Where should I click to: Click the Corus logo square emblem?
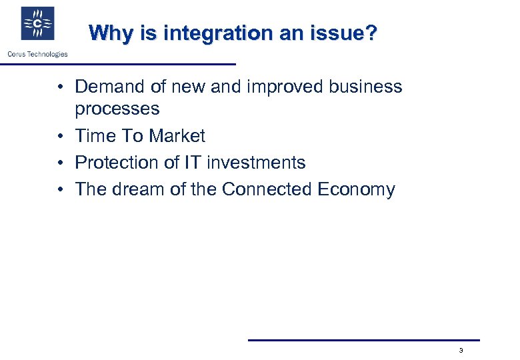[37, 24]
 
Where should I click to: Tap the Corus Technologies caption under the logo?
[37, 54]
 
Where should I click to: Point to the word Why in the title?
[107, 33]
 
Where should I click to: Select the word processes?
[117, 109]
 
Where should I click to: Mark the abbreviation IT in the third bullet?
[201, 163]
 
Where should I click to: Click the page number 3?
[461, 351]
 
